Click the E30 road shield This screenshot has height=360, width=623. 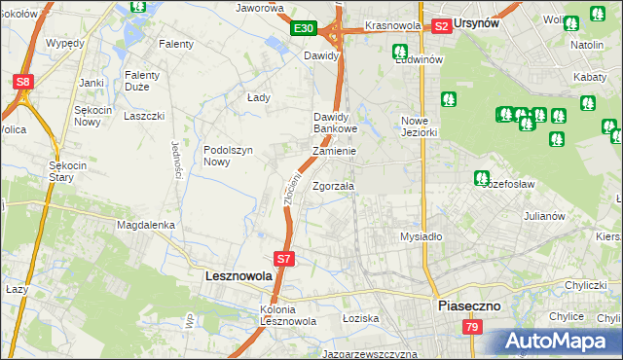pos(302,28)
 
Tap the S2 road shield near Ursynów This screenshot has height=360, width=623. pos(441,26)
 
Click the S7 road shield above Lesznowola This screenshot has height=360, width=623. pos(283,259)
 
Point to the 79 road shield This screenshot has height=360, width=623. pos(472,327)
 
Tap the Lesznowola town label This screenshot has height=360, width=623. pos(239,275)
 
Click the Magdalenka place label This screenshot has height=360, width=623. pos(145,225)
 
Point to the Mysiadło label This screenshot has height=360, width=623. pos(421,236)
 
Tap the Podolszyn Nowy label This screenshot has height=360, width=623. pos(229,156)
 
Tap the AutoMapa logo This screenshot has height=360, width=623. pos(558,341)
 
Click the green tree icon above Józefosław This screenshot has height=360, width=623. pos(481,178)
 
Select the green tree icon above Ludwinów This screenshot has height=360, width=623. pos(398,52)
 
